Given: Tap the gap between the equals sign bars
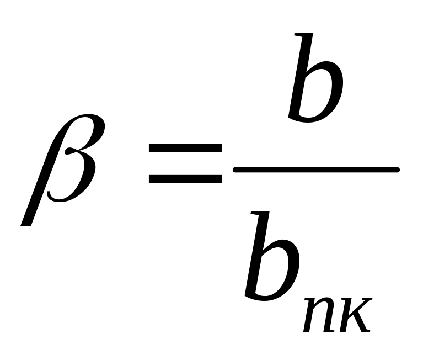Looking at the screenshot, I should click(185, 163).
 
